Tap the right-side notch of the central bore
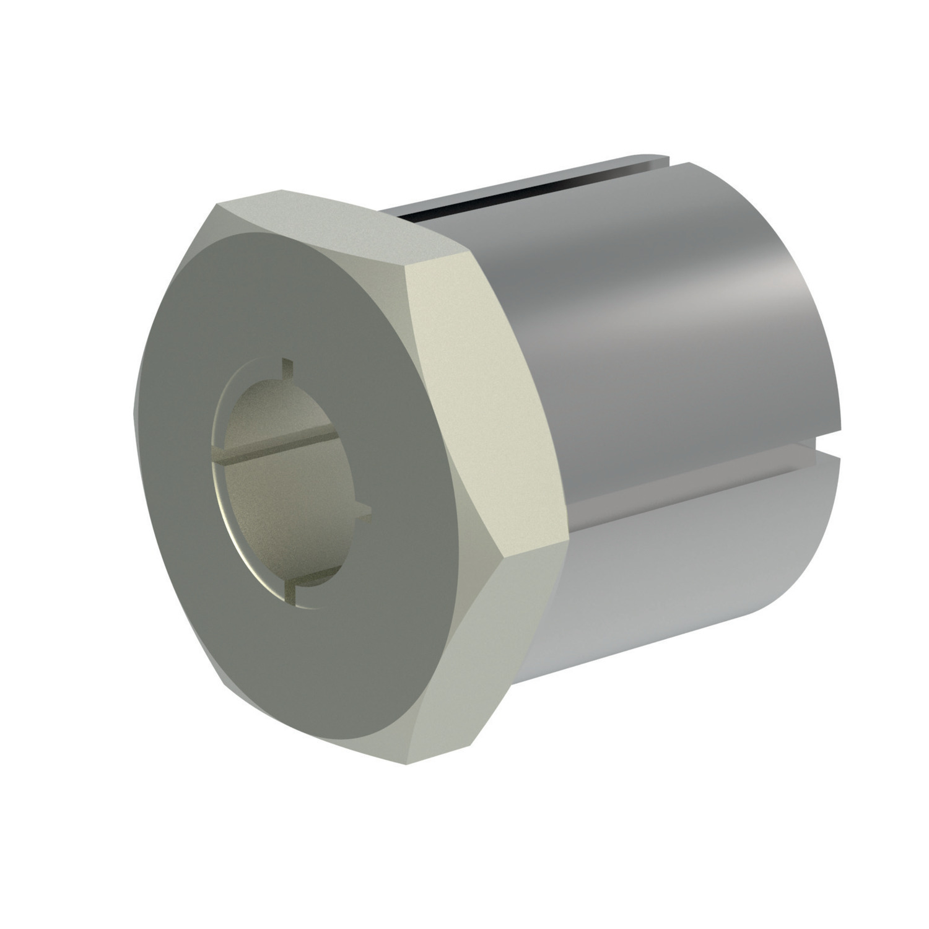point(364,512)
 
